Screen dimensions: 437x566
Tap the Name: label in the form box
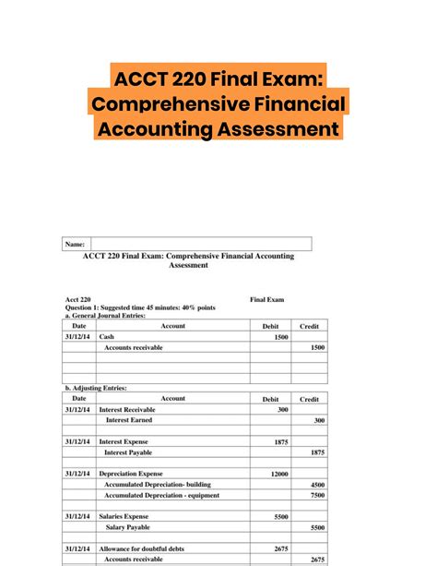(x=75, y=245)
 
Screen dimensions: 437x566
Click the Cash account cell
(x=107, y=337)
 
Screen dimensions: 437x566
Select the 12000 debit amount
(x=278, y=475)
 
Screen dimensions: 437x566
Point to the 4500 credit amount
(x=317, y=486)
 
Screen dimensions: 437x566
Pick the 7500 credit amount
(x=317, y=496)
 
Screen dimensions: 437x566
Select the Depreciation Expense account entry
(x=133, y=475)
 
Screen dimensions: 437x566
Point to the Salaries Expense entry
(x=124, y=517)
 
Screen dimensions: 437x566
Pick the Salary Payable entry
(x=128, y=527)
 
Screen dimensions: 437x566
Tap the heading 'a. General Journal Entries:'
(x=107, y=316)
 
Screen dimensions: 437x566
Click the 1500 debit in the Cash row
(x=281, y=337)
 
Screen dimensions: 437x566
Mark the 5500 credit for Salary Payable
(x=317, y=527)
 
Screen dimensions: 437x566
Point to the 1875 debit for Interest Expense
(x=281, y=442)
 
